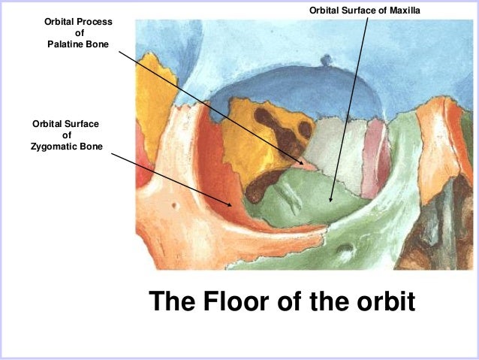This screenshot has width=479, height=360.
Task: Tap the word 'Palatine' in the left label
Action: (x=62, y=45)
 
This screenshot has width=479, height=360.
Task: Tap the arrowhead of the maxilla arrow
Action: (x=330, y=202)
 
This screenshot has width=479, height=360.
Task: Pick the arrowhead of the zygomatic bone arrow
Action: (x=233, y=205)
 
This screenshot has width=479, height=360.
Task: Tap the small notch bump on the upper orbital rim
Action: (x=326, y=59)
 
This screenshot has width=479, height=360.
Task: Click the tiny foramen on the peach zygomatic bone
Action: (x=173, y=204)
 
